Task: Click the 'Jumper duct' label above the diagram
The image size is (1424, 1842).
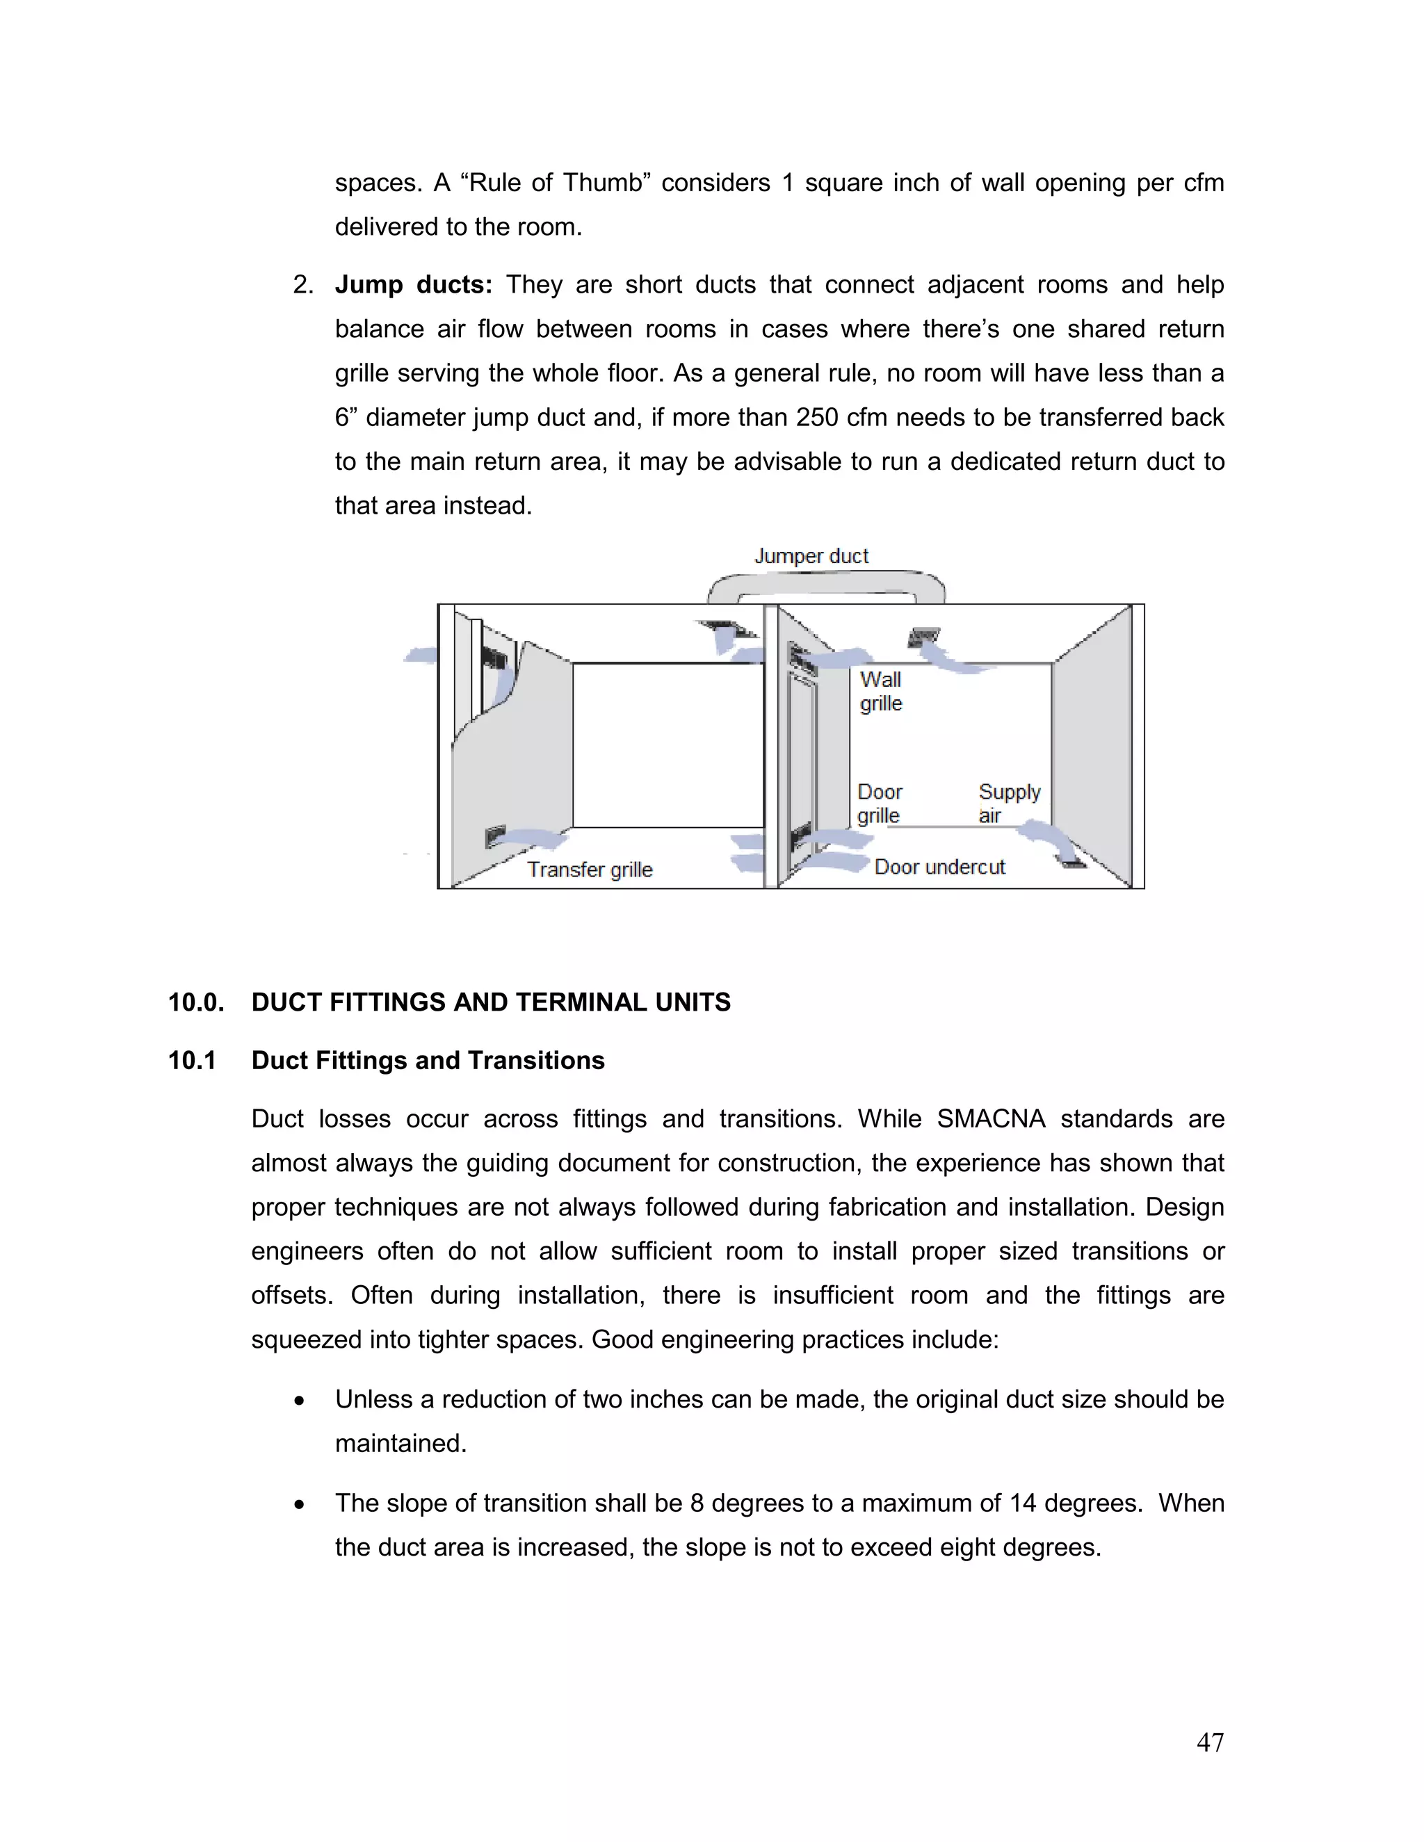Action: click(x=811, y=557)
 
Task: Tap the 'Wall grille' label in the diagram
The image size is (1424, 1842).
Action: click(x=881, y=692)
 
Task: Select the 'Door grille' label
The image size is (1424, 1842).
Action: click(x=879, y=804)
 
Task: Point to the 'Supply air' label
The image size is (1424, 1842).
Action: click(x=1009, y=804)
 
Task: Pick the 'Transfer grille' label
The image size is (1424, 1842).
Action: click(x=590, y=870)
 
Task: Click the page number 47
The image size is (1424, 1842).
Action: click(x=1210, y=1742)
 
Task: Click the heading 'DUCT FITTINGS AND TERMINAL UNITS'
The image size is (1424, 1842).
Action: click(x=491, y=1002)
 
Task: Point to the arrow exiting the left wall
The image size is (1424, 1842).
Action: click(x=419, y=655)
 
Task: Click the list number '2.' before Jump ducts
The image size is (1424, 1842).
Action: click(x=303, y=285)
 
